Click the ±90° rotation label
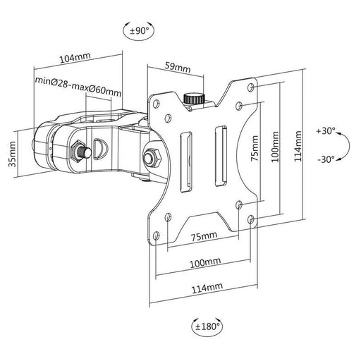tap(140, 30)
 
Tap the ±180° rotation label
tap(207, 326)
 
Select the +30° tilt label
tap(326, 131)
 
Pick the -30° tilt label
tap(326, 159)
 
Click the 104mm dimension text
tap(75, 58)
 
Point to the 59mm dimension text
tap(178, 67)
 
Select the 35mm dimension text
tap(12, 154)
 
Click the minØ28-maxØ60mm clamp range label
tap(78, 86)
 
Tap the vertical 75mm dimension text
tap(255, 148)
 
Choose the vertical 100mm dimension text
tap(275, 147)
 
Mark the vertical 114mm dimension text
tap(298, 146)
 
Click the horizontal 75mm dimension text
tap(204, 236)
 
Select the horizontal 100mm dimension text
tap(205, 262)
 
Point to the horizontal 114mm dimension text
tap(207, 288)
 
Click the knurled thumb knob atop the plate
tap(194, 99)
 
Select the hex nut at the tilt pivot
tap(152, 157)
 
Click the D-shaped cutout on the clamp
tap(100, 149)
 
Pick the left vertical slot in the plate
tap(186, 162)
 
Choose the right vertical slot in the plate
tap(221, 157)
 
